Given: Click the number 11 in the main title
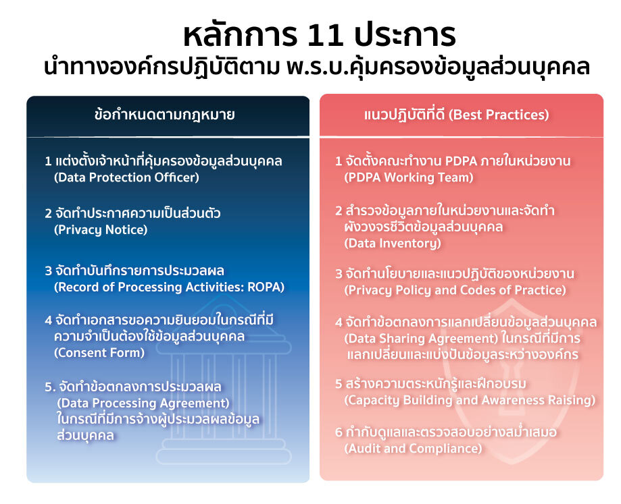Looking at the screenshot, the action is tap(325, 36).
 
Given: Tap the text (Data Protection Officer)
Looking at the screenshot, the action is tap(126, 177).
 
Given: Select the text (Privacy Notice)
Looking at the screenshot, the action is tap(101, 229).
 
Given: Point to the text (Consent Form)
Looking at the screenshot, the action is tap(99, 353).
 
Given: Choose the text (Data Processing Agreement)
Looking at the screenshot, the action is tap(143, 403).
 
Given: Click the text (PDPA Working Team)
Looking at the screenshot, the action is tap(409, 177).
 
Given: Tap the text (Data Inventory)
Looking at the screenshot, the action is tap(393, 243).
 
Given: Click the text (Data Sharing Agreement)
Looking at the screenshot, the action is tap(421, 339).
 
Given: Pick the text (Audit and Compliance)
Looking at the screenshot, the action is tap(413, 449).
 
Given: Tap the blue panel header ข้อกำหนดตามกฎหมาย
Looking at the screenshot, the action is tap(165, 115).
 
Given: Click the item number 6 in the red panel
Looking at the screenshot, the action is tap(339, 432).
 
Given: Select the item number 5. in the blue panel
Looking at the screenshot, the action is tap(50, 387).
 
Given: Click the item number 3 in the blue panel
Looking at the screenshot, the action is tap(49, 271).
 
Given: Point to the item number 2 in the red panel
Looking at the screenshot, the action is tap(339, 211).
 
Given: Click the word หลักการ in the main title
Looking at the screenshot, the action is tap(240, 35).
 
